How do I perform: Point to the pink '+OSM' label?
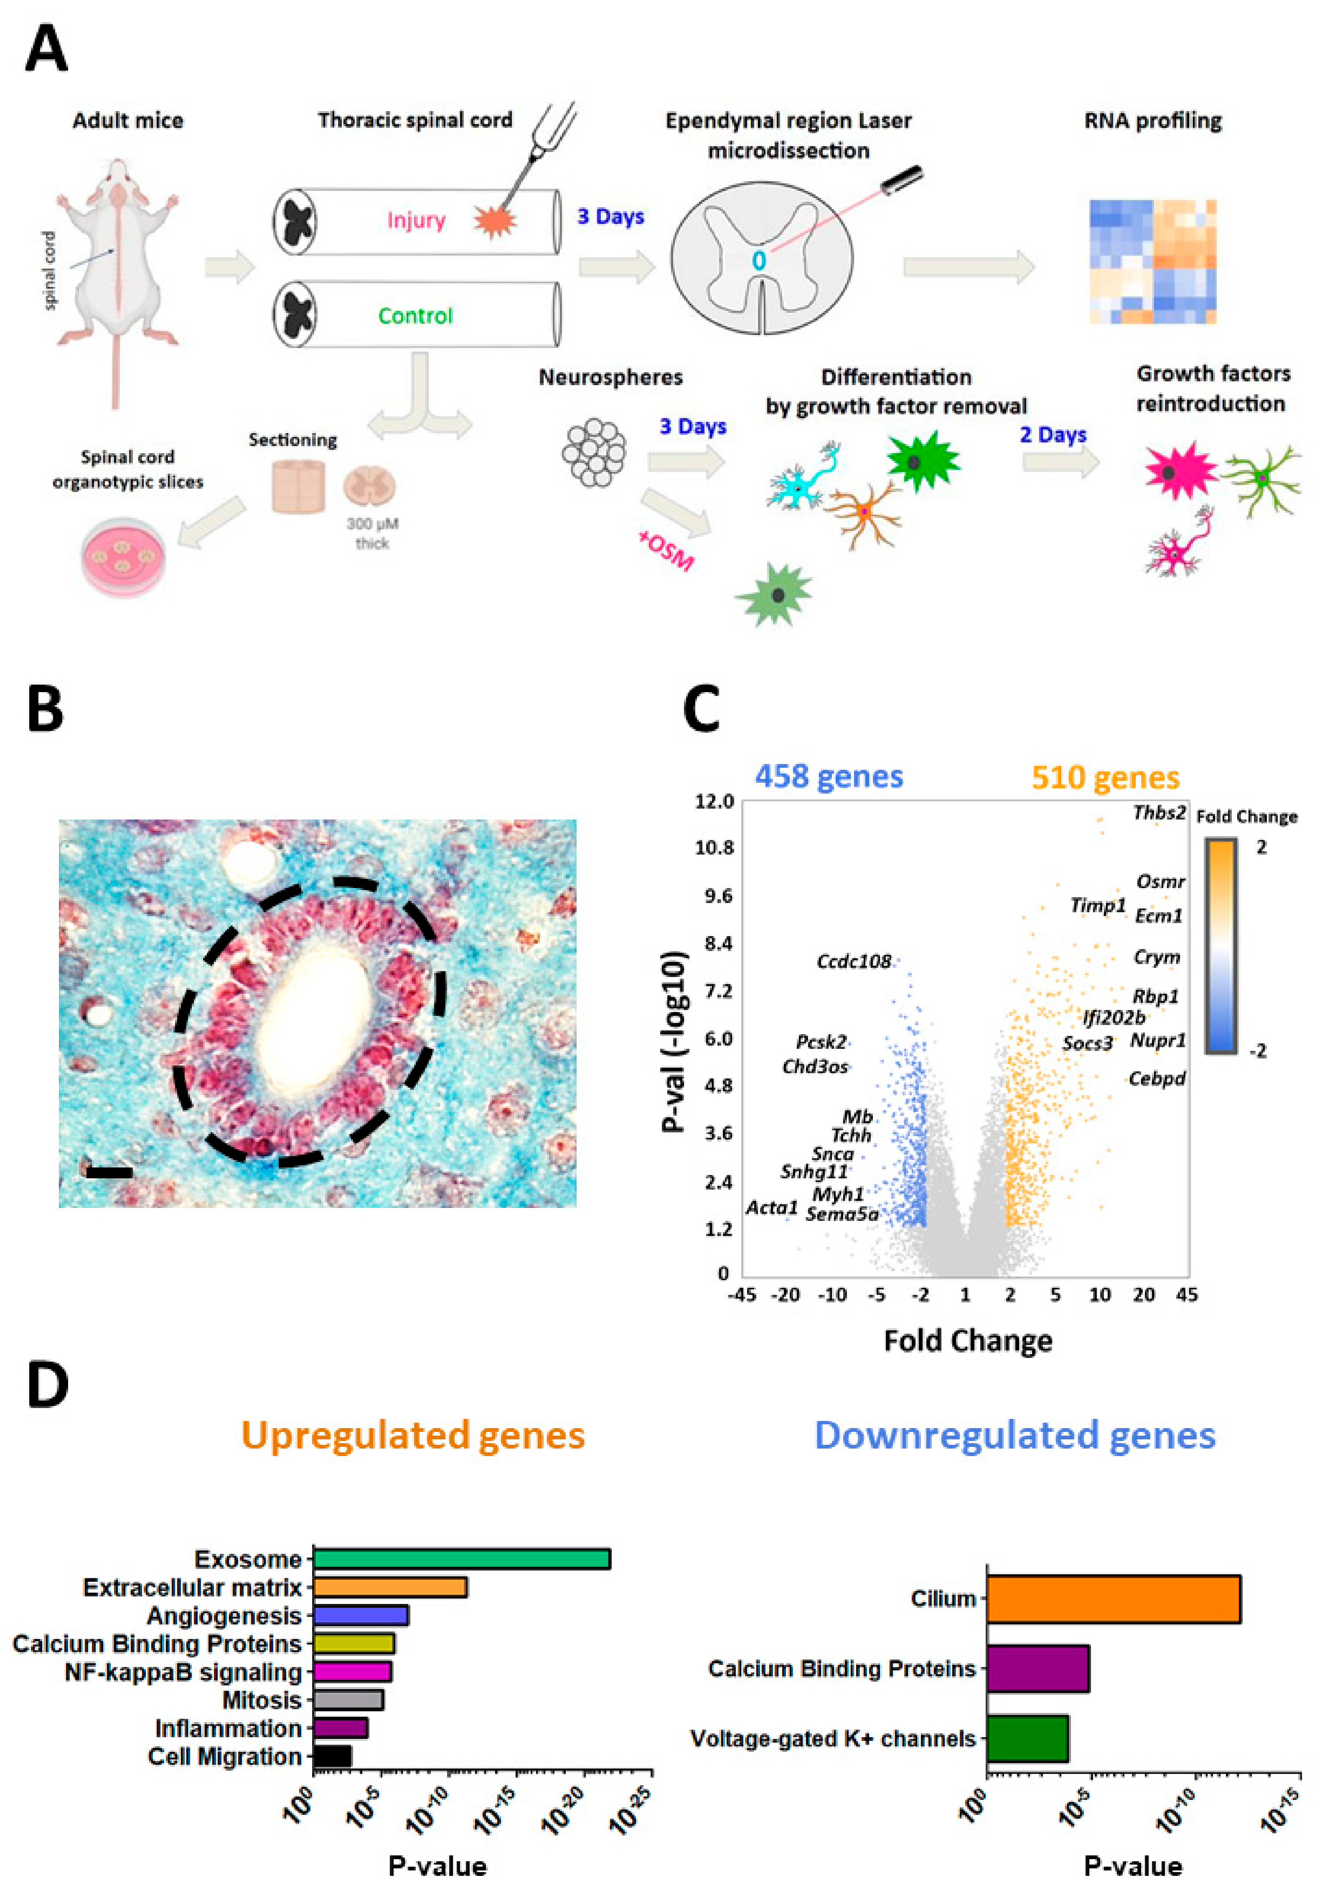pyautogui.click(x=666, y=551)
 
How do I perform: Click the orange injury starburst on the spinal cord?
pyautogui.click(x=495, y=221)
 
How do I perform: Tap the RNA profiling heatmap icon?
pyautogui.click(x=1152, y=261)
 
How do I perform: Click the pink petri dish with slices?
pyautogui.click(x=123, y=556)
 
